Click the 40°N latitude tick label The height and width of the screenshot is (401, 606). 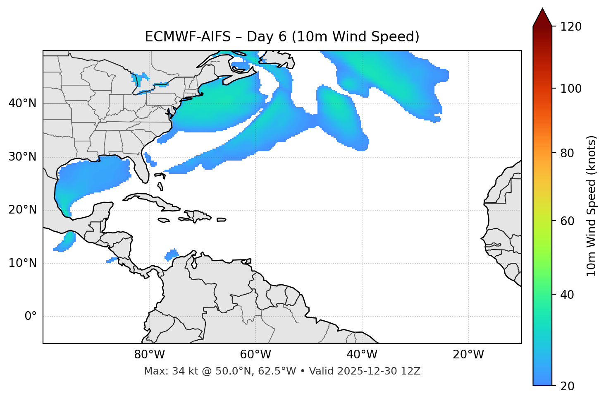click(x=22, y=103)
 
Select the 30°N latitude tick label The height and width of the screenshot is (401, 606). click(x=22, y=157)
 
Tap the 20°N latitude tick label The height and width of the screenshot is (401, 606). click(x=22, y=210)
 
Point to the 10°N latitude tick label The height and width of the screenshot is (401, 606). click(x=22, y=263)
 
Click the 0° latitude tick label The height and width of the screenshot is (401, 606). click(x=31, y=317)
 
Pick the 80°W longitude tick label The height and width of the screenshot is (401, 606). click(x=149, y=355)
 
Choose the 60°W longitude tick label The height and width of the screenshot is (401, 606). click(x=255, y=355)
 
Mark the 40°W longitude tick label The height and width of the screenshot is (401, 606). click(x=362, y=355)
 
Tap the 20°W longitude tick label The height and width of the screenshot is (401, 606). click(x=468, y=355)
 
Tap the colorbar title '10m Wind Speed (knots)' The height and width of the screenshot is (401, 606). click(x=592, y=206)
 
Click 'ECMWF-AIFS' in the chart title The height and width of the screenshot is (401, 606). click(x=188, y=37)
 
